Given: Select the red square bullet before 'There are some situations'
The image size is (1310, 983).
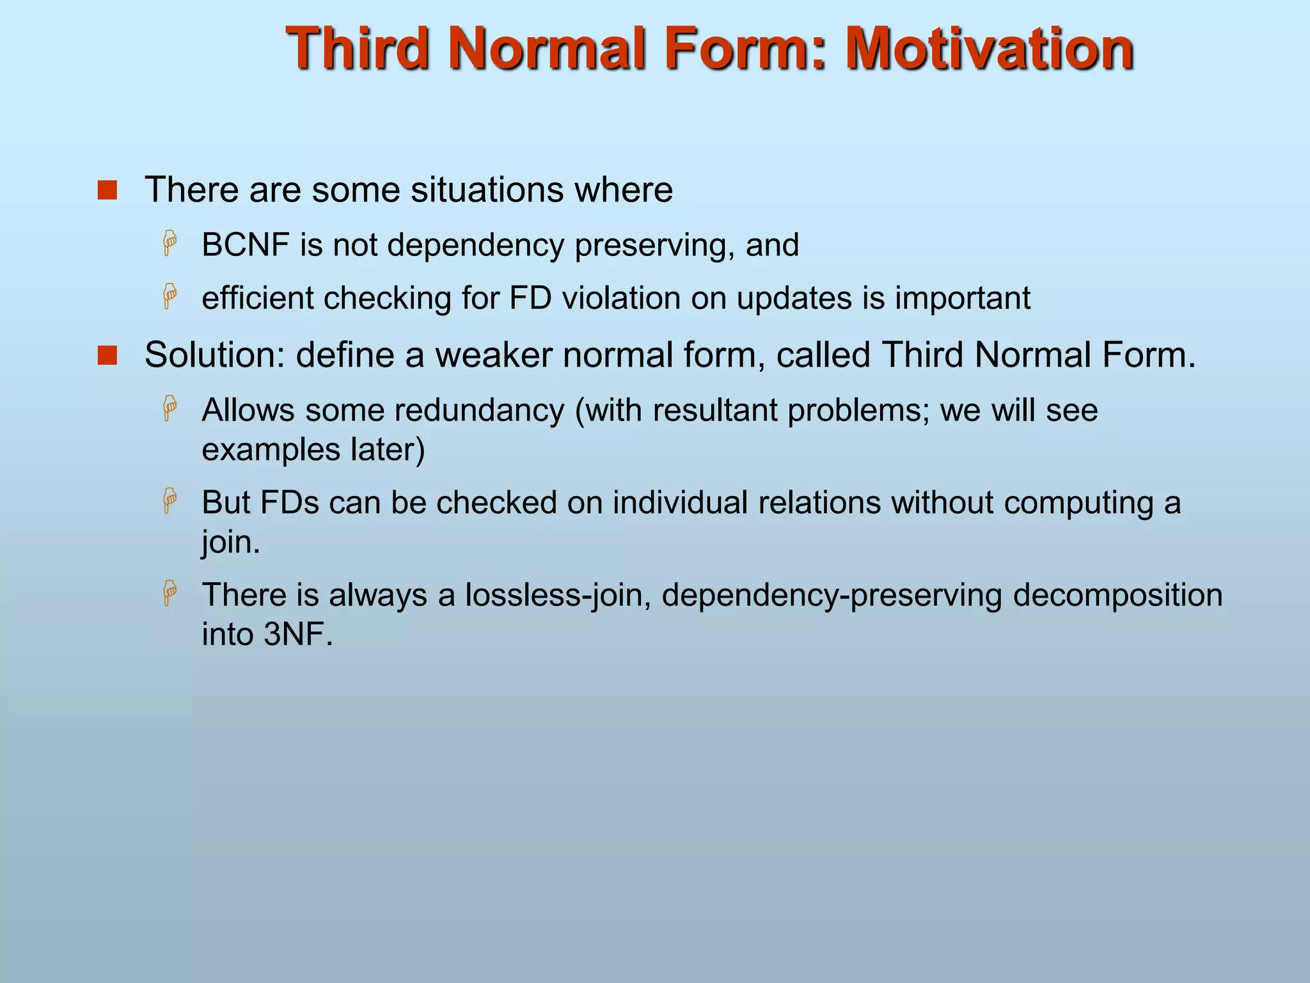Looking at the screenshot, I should [107, 190].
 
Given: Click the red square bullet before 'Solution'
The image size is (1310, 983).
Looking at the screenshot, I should [107, 356].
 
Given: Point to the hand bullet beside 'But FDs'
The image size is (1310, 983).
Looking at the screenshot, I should [170, 500].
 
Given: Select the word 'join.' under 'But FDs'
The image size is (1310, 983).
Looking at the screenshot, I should [231, 543].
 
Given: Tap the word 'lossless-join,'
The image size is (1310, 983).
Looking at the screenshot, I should [558, 595].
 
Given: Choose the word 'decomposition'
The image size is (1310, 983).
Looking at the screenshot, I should [1117, 595].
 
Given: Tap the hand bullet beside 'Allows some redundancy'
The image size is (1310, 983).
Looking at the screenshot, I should [170, 408].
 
